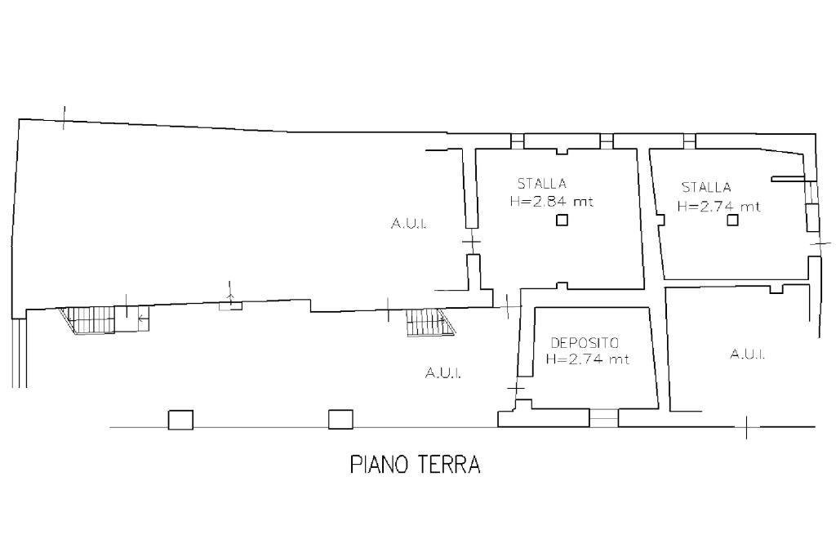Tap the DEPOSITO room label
click(x=585, y=342)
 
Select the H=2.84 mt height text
click(x=552, y=202)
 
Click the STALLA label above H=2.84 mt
click(x=542, y=184)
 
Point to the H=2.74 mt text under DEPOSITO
click(x=588, y=359)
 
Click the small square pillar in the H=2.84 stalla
click(x=562, y=220)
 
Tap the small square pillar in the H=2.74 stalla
click(x=732, y=219)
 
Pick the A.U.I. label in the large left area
click(x=408, y=224)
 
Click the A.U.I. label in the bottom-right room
click(x=748, y=354)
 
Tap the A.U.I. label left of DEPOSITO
click(x=443, y=373)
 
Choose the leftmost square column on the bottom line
click(x=180, y=419)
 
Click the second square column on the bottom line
click(x=340, y=419)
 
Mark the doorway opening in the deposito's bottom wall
click(x=603, y=418)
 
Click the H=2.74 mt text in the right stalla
click(x=718, y=207)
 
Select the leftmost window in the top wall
click(x=517, y=140)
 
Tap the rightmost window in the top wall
click(x=690, y=140)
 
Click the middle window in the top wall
click(x=607, y=140)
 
